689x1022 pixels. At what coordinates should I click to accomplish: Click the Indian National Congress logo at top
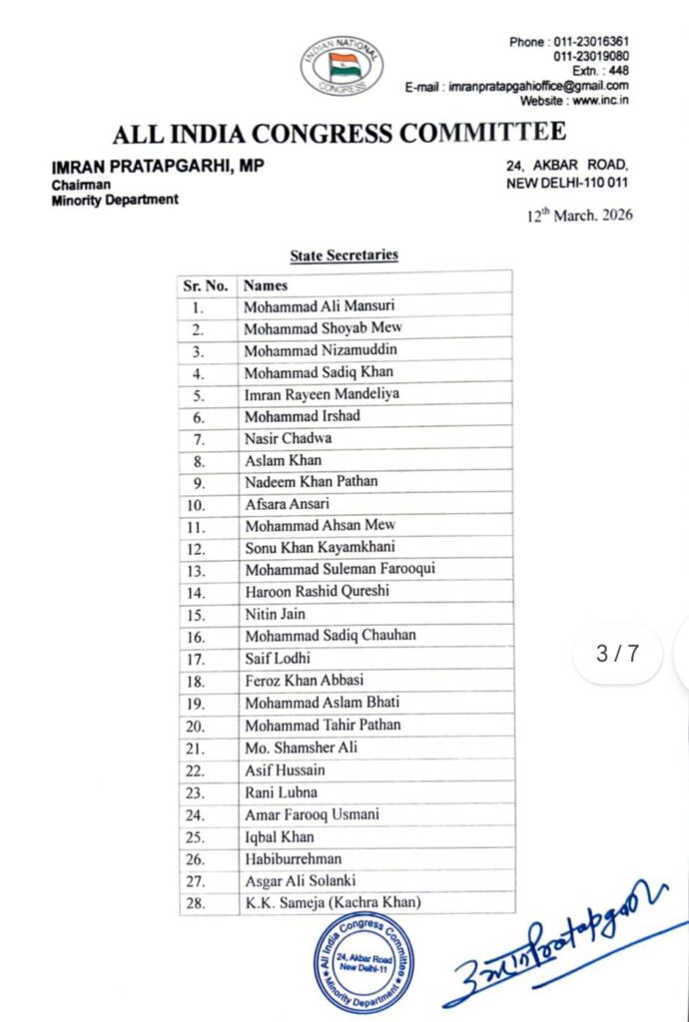pos(342,66)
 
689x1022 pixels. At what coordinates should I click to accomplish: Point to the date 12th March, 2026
pos(580,216)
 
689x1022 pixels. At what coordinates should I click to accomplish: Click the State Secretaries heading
pos(344,255)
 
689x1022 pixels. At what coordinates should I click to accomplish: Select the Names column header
pos(266,285)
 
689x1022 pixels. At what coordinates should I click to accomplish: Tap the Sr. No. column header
pos(206,285)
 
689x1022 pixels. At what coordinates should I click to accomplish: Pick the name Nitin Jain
pos(276,614)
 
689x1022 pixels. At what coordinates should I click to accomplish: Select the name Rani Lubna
pos(282,791)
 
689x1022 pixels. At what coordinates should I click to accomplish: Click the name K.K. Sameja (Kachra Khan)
pos(333,902)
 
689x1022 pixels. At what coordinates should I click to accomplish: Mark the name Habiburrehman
pos(294,858)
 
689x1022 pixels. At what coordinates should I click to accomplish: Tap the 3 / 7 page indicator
pos(616,654)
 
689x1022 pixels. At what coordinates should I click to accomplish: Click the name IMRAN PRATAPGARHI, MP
pos(158,167)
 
